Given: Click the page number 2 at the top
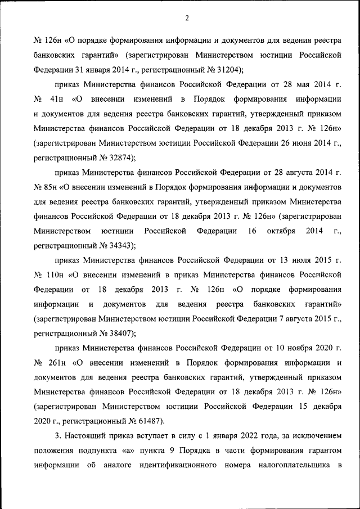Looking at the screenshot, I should pyautogui.click(x=186, y=19).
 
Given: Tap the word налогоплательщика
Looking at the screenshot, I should pyautogui.click(x=292, y=465).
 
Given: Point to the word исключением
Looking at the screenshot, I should pyautogui.click(x=317, y=435).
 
